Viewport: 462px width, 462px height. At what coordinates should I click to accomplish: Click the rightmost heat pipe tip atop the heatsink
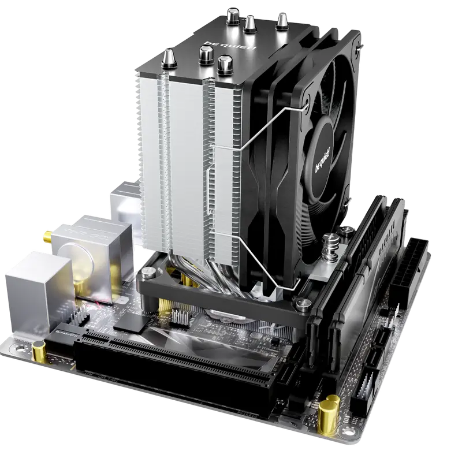pos(282,21)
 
